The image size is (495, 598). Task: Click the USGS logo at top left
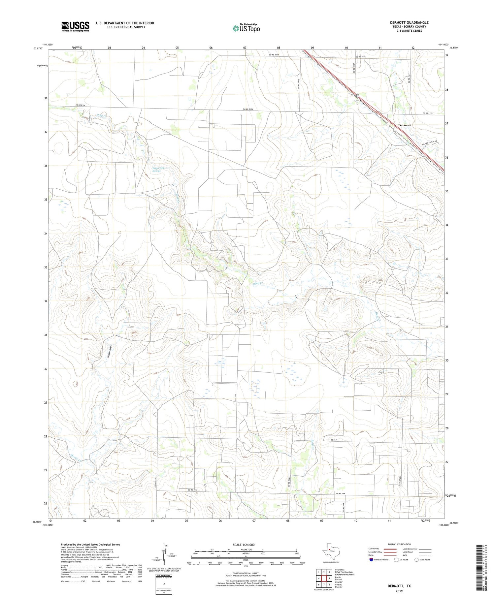coord(75,26)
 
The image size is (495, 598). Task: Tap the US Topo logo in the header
coord(246,28)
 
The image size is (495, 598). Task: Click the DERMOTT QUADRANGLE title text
coord(409,22)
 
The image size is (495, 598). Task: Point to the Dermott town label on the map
coord(404,125)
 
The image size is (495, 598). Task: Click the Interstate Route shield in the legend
coord(371,559)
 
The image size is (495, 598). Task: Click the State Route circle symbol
coord(417,559)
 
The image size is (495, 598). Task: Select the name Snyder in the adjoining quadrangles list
coord(339,587)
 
